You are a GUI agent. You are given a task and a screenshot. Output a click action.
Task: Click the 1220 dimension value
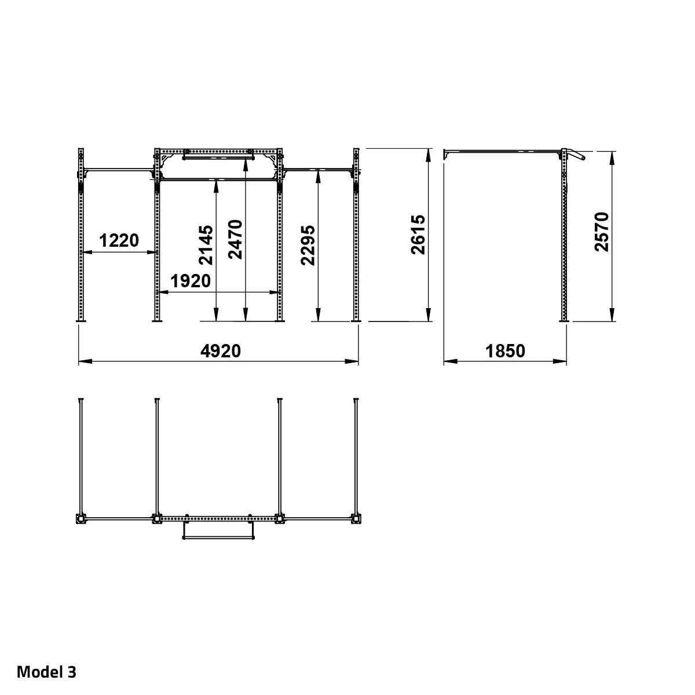click(119, 240)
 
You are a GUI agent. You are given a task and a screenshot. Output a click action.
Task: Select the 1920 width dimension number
click(191, 281)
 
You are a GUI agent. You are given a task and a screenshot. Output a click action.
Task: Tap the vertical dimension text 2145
click(206, 245)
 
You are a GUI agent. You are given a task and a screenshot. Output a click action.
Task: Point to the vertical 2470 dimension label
click(235, 239)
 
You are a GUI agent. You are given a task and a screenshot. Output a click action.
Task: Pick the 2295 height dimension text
click(308, 246)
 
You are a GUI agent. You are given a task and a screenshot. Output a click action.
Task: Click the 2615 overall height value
click(418, 235)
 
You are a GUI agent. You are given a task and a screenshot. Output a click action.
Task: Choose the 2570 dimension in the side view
click(602, 232)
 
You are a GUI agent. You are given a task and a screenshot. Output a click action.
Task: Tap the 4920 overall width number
click(221, 351)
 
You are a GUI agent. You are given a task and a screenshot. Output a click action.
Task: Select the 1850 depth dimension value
click(505, 351)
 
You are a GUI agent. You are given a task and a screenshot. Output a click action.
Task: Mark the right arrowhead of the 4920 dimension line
click(352, 361)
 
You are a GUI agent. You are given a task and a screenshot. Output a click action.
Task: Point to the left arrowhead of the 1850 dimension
click(451, 361)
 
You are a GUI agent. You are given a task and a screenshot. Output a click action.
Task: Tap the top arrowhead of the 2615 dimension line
click(429, 155)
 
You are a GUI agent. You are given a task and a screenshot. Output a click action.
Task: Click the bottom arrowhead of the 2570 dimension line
click(612, 314)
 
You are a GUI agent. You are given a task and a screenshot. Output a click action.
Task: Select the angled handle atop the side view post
click(576, 155)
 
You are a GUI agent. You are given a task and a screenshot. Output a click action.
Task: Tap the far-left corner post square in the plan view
click(81, 519)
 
